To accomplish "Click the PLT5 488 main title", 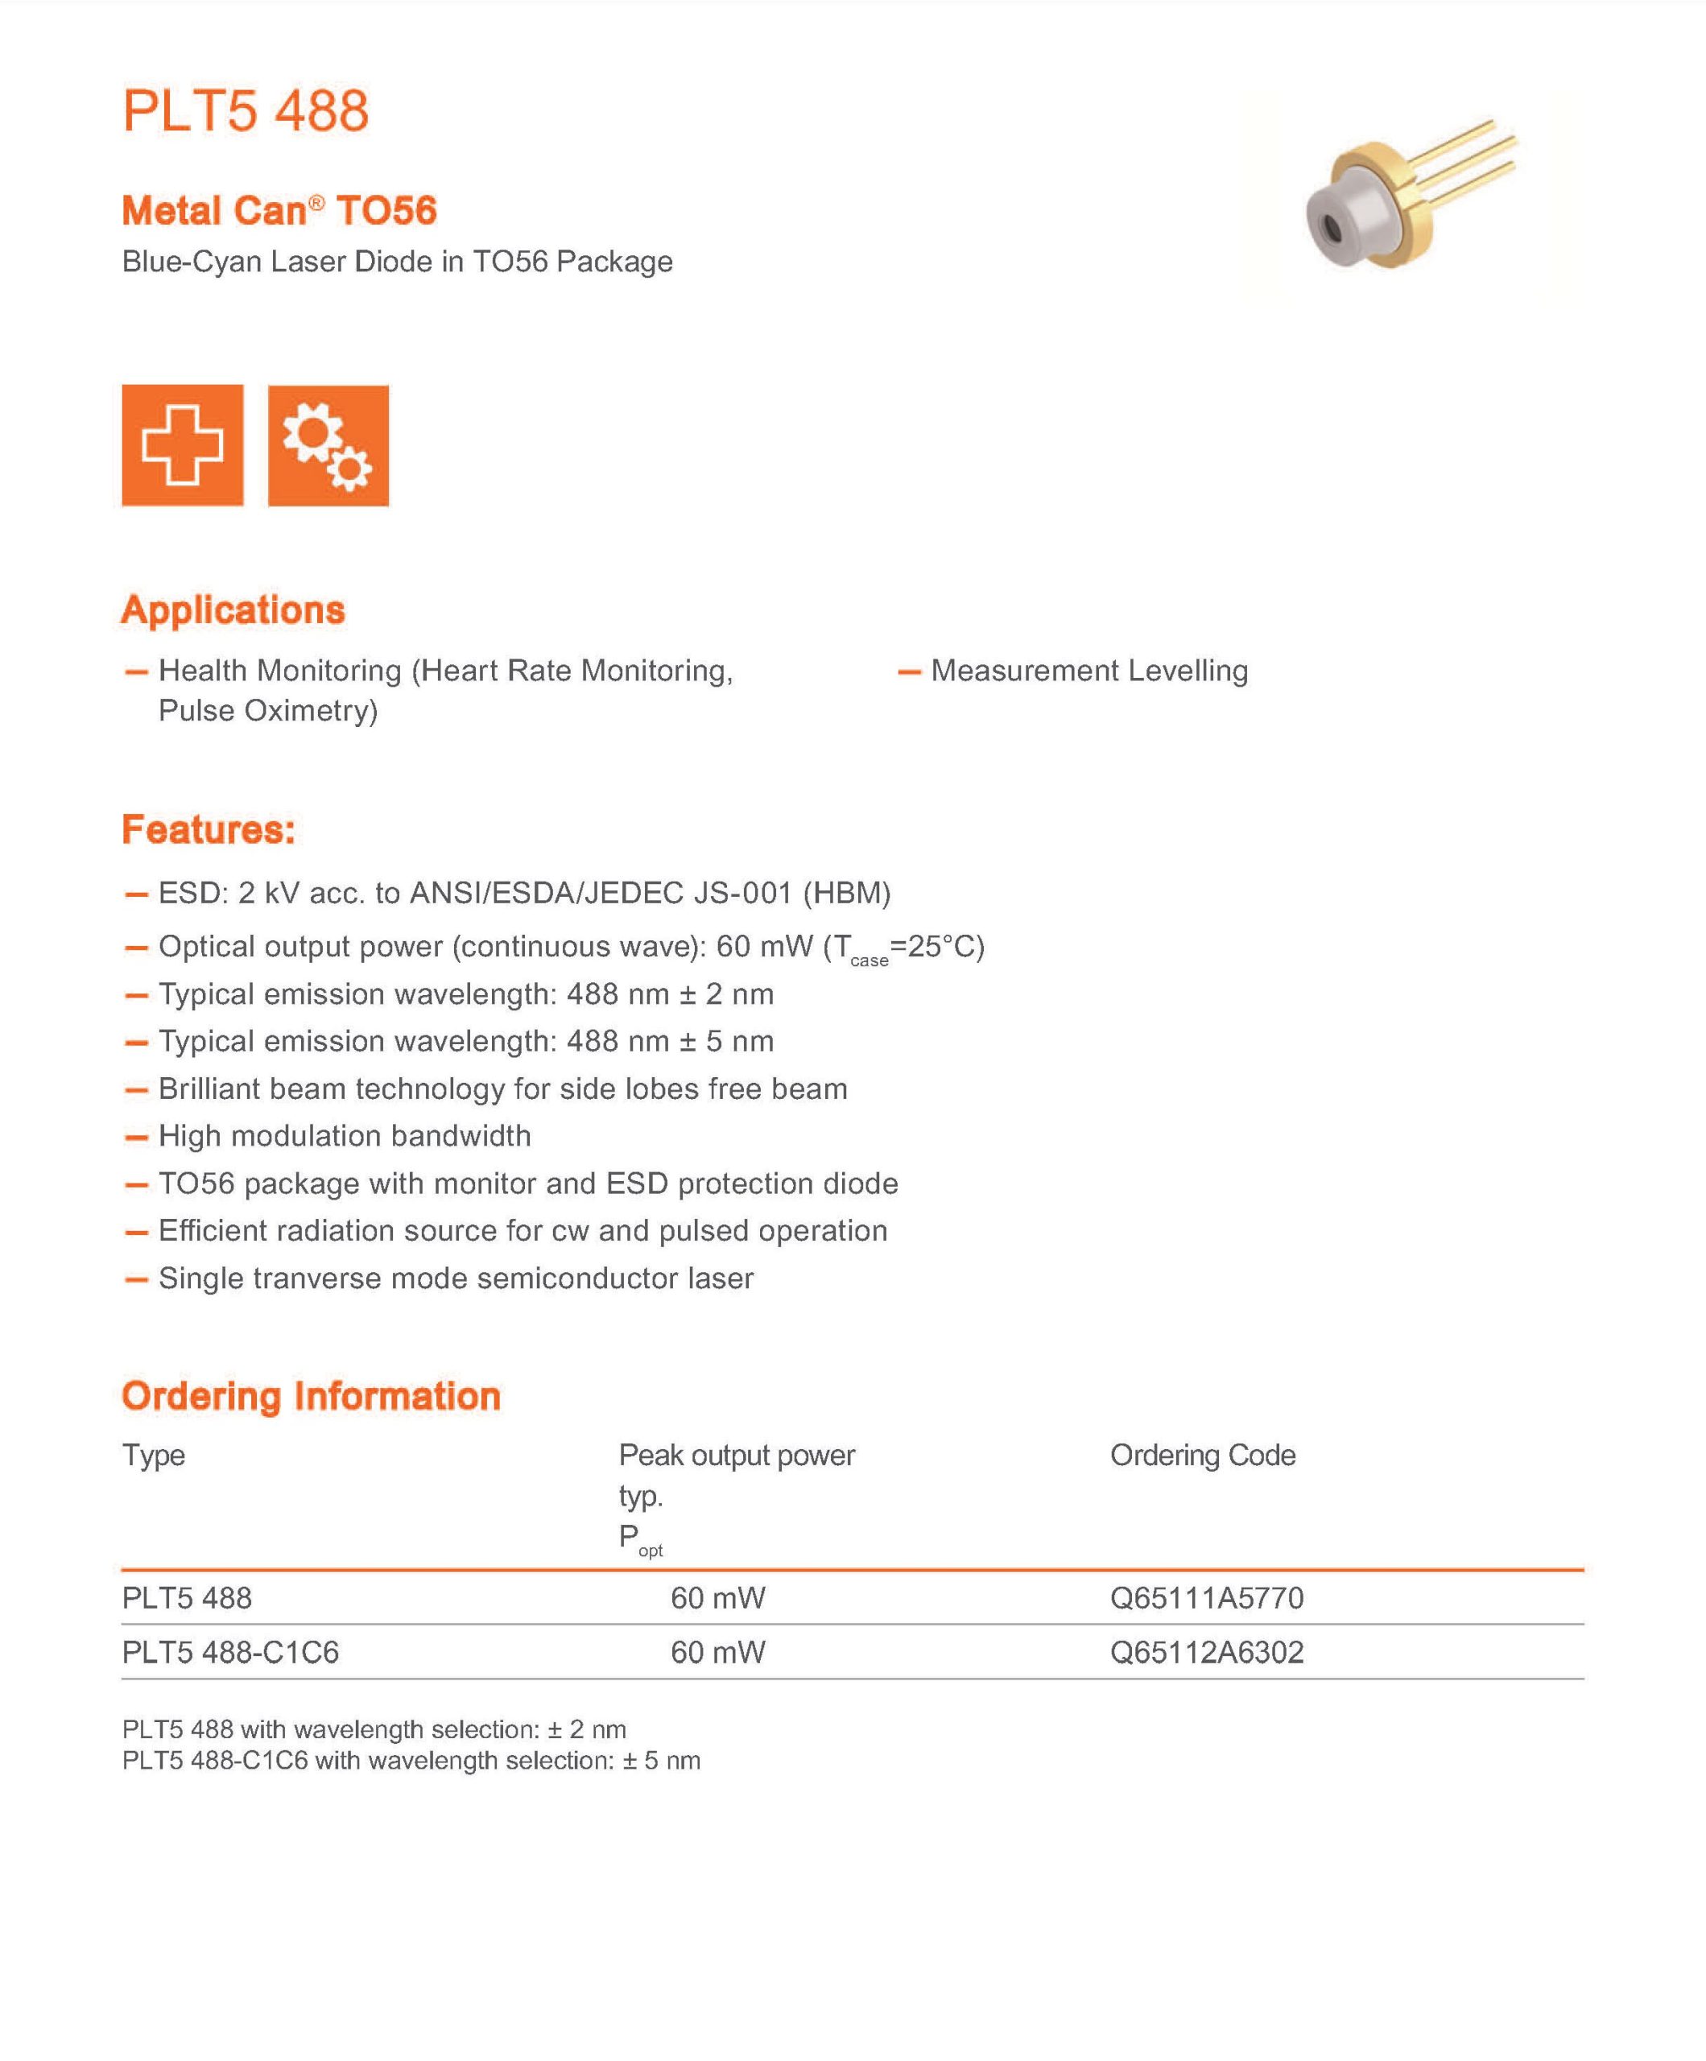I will pos(246,110).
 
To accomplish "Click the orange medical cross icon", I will pos(183,444).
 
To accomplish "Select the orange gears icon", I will pos(328,444).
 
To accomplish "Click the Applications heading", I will pos(233,609).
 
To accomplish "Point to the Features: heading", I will pos(208,829).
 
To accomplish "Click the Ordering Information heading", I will pos(310,1395).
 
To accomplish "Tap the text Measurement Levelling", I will pos(1088,671).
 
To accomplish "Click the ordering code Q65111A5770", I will pos(1206,1598).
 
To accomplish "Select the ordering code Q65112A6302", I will pos(1206,1652).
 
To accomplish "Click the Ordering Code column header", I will pos(1203,1455).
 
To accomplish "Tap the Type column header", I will pos(153,1455).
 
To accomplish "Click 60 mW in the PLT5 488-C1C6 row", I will pos(717,1652).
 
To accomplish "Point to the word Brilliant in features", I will pos(209,1088).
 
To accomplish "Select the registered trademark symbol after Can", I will pos(316,202).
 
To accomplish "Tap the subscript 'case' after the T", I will pos(869,960).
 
